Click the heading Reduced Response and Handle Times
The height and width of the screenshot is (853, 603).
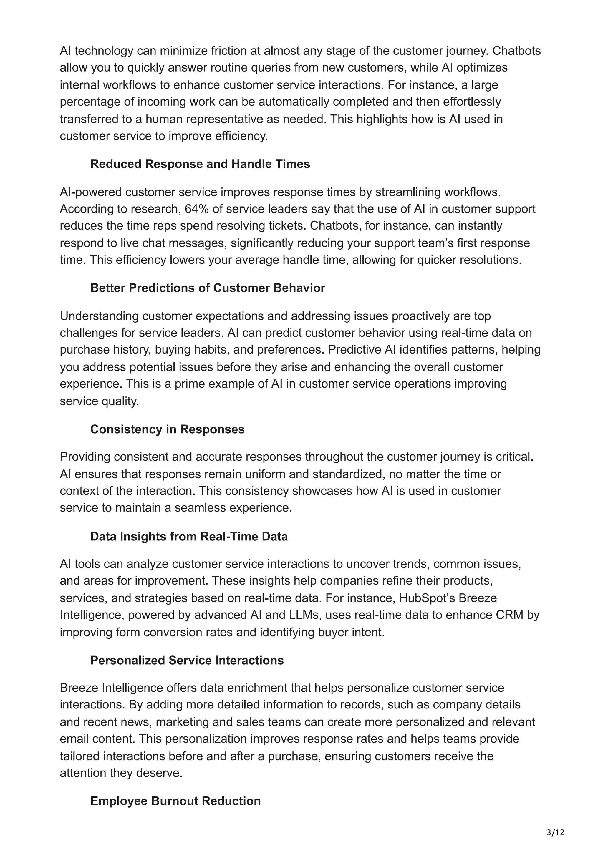(x=200, y=164)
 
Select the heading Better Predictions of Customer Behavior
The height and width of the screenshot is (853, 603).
(x=207, y=288)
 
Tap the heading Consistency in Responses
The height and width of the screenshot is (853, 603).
(x=167, y=429)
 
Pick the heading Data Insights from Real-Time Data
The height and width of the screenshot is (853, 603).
(x=189, y=537)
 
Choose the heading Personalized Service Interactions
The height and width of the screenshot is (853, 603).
(x=187, y=660)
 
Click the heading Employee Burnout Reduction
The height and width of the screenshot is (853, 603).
(x=175, y=801)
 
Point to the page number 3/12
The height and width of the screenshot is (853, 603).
(x=555, y=832)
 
